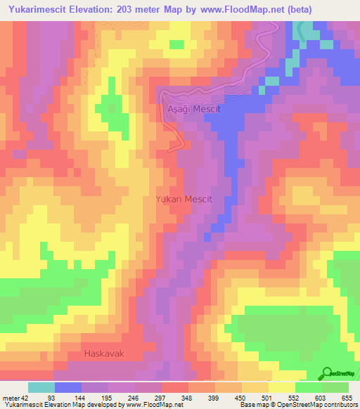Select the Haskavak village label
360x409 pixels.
tap(103, 353)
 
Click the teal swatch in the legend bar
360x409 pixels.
tap(41, 387)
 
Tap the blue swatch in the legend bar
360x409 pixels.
tap(68, 387)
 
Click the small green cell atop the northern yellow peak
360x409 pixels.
tap(176, 44)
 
